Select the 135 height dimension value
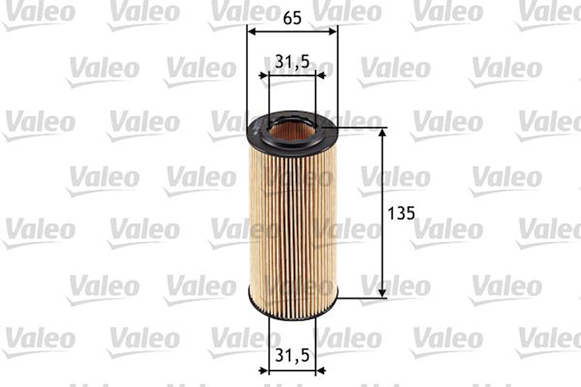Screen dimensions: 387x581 [402, 213]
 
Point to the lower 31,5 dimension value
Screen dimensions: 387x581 [292, 355]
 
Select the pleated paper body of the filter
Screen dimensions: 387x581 [292, 222]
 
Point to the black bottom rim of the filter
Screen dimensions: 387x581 [292, 315]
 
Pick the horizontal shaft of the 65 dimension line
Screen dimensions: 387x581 [292, 32]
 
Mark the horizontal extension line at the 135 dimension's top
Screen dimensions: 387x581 [359, 128]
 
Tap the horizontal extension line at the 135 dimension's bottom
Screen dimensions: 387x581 [362, 298]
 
